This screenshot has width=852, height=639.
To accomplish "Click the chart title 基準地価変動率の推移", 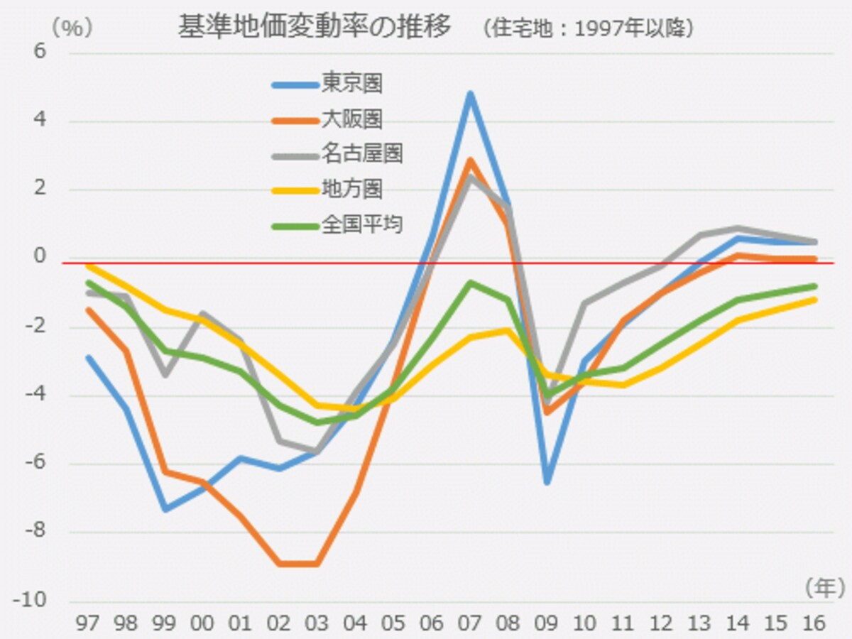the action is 315,26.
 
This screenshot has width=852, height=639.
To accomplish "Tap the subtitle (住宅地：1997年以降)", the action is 588,28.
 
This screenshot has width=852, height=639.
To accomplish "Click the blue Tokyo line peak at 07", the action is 471,94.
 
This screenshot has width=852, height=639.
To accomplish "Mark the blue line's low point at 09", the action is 547,482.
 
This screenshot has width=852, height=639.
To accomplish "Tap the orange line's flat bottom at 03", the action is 317,563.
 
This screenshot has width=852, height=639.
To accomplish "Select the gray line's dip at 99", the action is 165,375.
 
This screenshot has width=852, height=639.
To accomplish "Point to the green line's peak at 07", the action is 471,283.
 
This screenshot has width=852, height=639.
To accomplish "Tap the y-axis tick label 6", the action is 40,51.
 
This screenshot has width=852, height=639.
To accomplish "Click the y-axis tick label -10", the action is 30,599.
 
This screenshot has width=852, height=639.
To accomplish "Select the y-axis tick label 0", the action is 40,256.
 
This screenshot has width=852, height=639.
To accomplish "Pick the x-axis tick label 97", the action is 88,623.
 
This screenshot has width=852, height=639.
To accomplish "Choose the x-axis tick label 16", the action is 814,623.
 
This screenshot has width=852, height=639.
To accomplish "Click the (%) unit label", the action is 72,28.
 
